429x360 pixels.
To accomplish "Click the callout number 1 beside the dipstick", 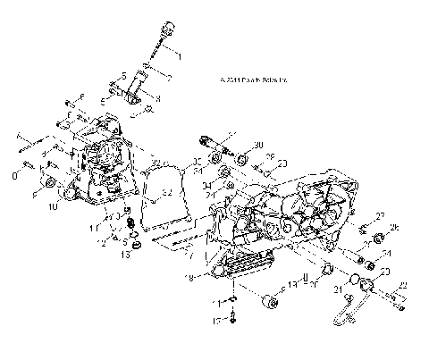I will click(177, 56).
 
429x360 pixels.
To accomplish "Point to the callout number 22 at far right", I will click(402, 286).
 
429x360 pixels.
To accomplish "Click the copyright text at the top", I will click(247, 80).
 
